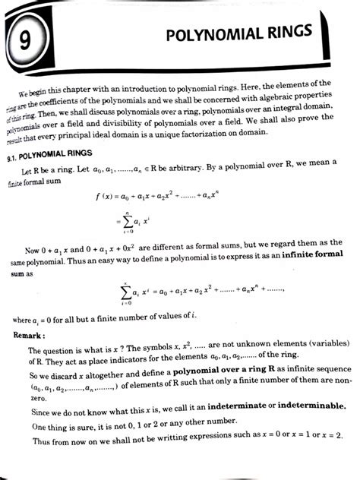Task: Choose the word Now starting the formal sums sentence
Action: [x=33, y=250]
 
